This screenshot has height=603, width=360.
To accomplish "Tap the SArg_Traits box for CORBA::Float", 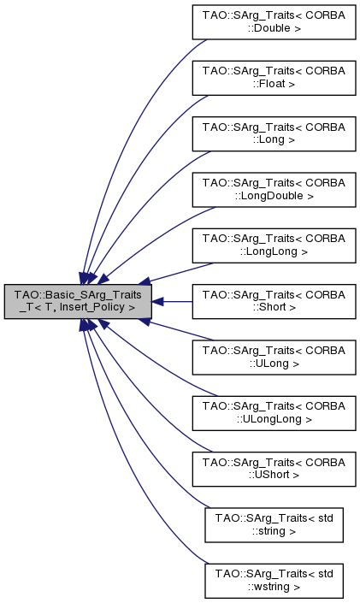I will tap(273, 78).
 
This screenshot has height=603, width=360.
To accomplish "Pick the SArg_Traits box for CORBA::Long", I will tap(273, 133).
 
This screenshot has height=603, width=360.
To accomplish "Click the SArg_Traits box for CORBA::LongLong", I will tap(273, 245).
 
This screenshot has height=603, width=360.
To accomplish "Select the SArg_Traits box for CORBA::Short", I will tap(273, 301).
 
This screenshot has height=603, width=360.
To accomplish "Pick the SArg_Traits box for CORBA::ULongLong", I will tap(273, 412).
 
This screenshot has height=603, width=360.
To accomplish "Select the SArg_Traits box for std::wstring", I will tap(273, 579).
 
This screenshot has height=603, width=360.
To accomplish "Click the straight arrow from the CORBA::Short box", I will tap(175, 301).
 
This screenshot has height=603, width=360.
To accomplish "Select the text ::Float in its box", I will tap(273, 85).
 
